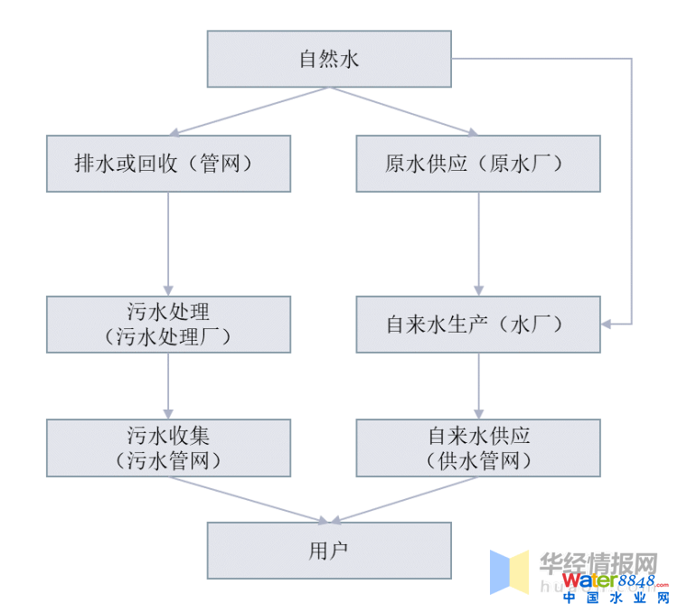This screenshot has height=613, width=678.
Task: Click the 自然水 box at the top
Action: coord(329,59)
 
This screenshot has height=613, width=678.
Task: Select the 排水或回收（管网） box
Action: coord(169,164)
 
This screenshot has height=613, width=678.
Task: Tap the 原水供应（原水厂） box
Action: coord(478,164)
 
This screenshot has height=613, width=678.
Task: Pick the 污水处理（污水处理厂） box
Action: coord(169,324)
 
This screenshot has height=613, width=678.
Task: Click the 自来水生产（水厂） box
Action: coord(478,324)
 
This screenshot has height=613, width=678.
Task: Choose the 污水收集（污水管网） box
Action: coord(169,447)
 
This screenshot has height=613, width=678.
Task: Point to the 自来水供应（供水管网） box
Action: coord(478,447)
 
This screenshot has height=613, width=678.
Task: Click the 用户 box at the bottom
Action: coord(329,550)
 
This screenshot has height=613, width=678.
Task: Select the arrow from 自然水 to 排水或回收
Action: coord(250,111)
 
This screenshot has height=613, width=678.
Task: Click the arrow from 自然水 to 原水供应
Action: coord(407,111)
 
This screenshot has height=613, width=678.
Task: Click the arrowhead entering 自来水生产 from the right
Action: coord(607,323)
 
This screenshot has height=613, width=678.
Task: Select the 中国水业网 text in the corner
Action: coord(616,598)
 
